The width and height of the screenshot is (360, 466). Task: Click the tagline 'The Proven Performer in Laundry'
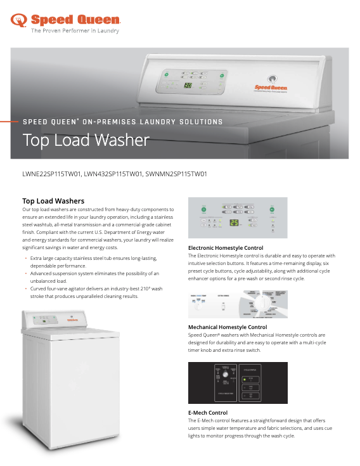tap(75, 30)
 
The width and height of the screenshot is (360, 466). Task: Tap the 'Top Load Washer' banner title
tap(86, 139)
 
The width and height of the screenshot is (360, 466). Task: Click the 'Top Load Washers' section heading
tap(53, 201)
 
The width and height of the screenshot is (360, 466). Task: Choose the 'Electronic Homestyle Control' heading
tap(226, 247)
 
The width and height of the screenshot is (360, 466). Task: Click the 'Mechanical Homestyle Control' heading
tap(228, 327)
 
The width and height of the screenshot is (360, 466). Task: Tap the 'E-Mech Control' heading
tap(208, 413)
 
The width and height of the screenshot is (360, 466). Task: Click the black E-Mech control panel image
tap(238, 382)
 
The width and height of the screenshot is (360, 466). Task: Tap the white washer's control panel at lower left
tap(50, 319)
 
